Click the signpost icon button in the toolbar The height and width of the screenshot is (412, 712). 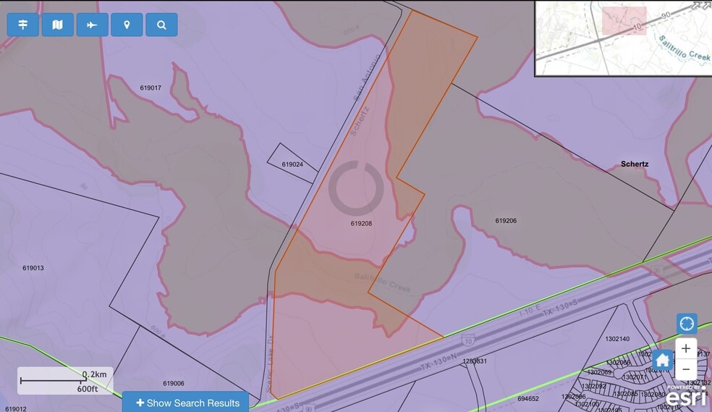tap(23, 25)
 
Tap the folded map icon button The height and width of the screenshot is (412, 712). tap(58, 25)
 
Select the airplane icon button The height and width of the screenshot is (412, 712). tap(92, 25)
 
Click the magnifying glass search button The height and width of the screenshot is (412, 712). tap(161, 25)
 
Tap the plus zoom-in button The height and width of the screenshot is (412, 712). tap(686, 348)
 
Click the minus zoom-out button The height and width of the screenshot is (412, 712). tap(686, 369)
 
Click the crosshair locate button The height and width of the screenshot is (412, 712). tap(686, 324)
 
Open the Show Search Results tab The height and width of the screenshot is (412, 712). tap(186, 403)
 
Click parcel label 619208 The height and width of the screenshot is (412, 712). tap(361, 224)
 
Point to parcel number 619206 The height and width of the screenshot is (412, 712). tap(506, 220)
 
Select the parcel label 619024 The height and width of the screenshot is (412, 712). tap(292, 164)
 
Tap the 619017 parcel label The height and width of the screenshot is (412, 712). tap(151, 88)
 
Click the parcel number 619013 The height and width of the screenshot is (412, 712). tap(33, 268)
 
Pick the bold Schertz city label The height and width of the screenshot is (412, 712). tap(635, 164)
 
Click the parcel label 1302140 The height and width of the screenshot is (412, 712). tap(617, 339)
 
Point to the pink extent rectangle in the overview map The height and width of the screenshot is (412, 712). tap(624, 21)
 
